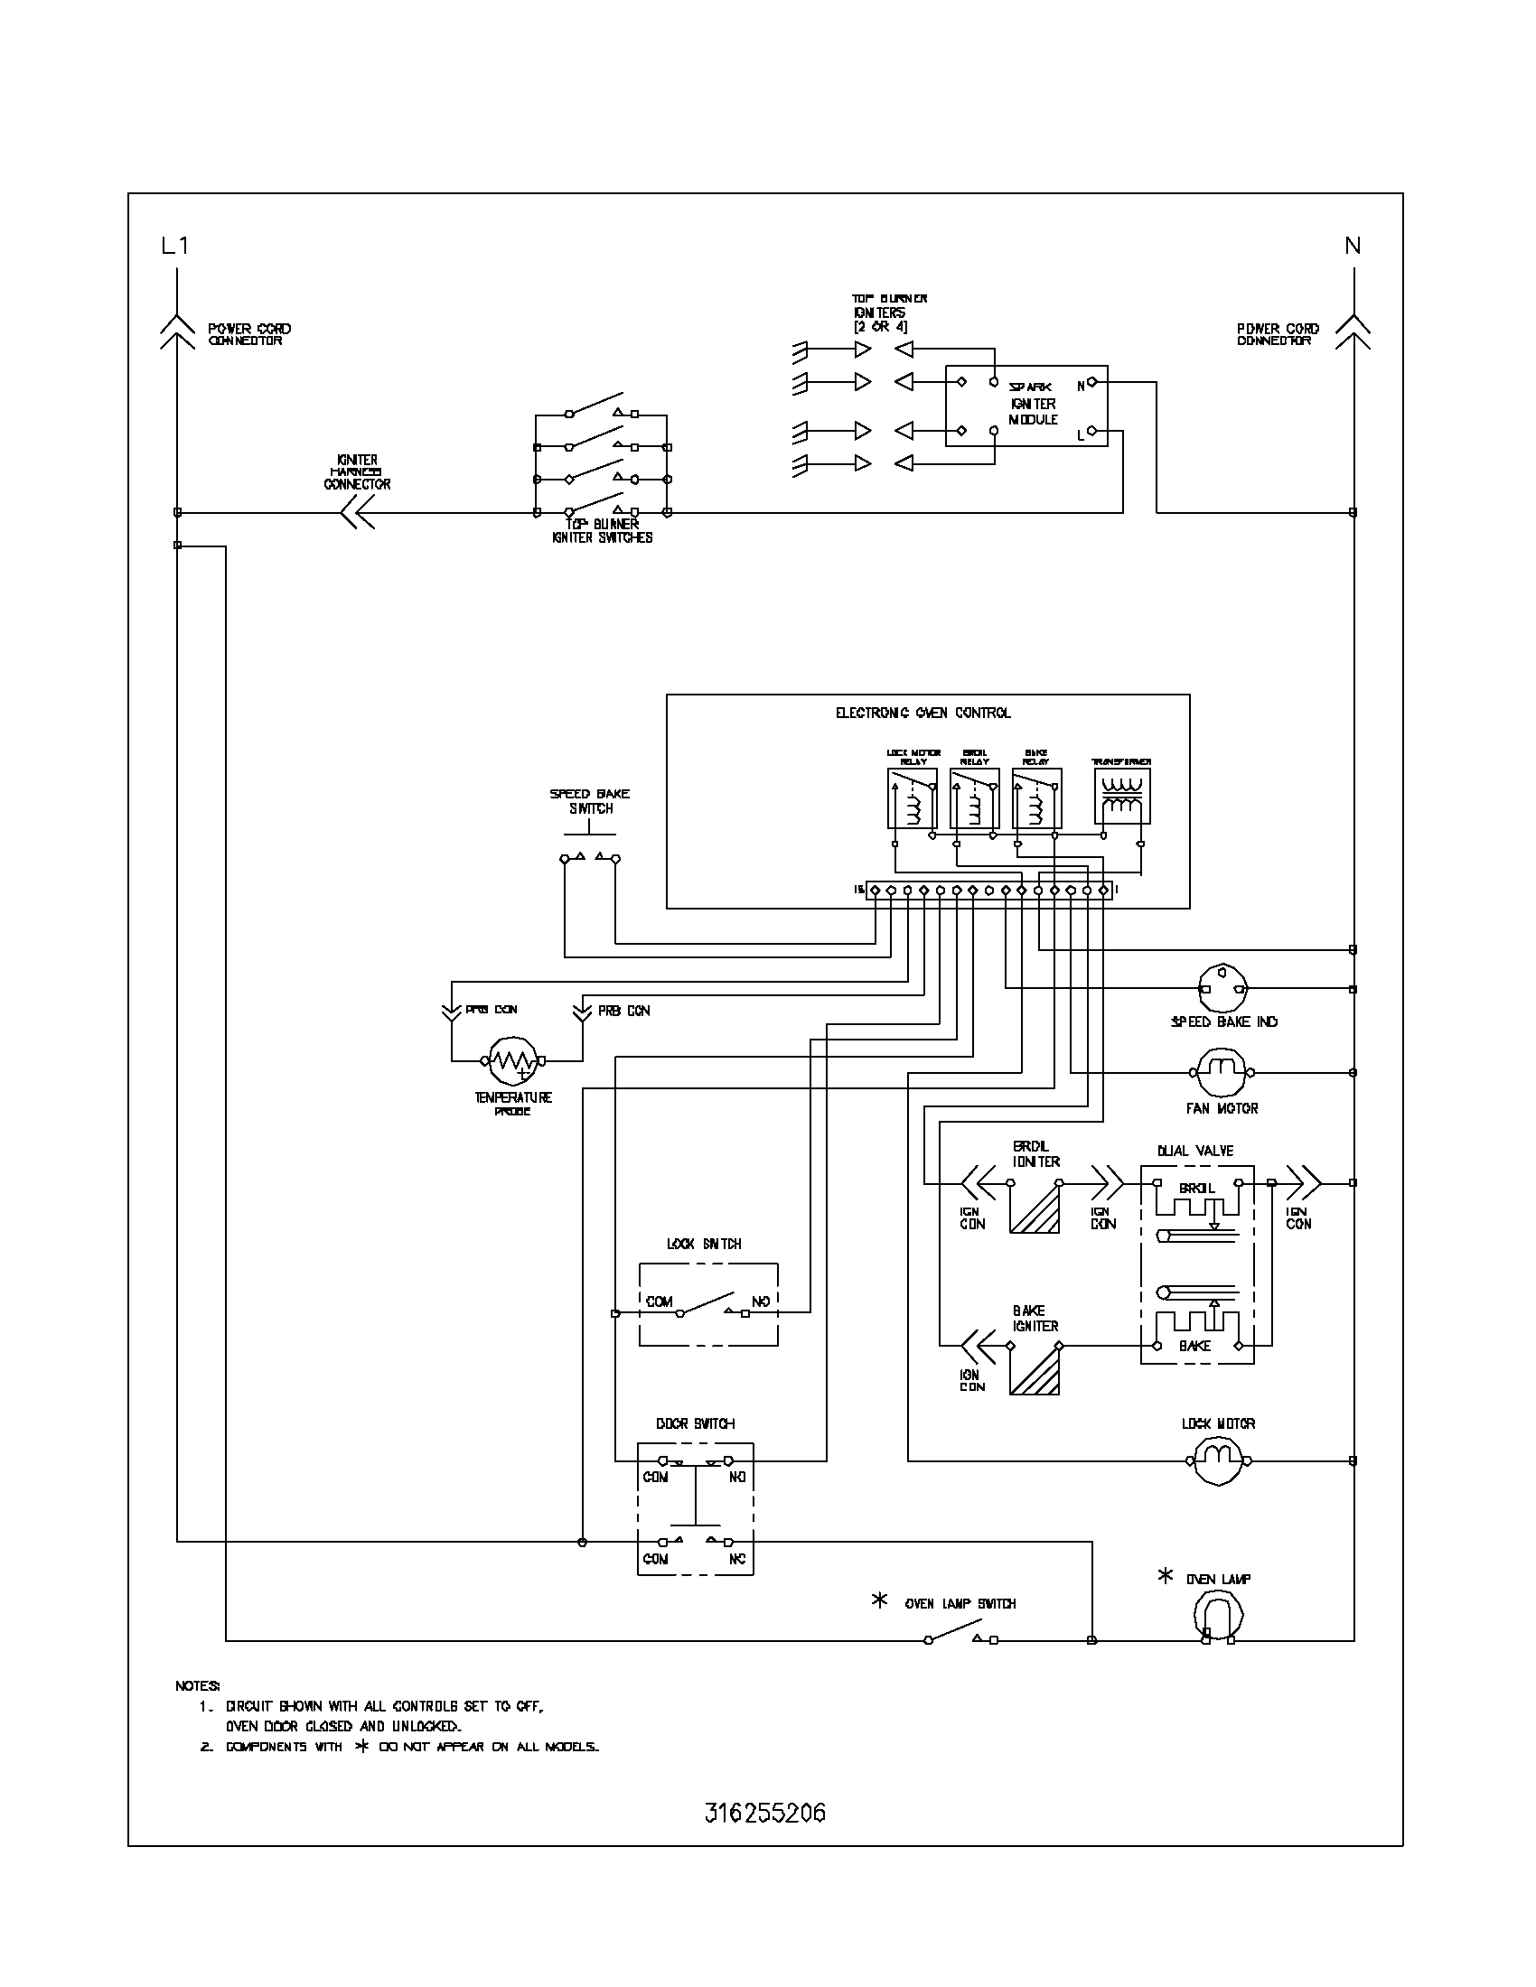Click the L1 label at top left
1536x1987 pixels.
pyautogui.click(x=174, y=245)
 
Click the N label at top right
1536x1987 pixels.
pyautogui.click(x=1353, y=245)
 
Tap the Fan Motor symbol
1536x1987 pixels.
pyautogui.click(x=1222, y=1073)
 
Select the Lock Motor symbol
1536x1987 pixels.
pyautogui.click(x=1220, y=1461)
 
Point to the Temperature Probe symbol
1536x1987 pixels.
pyautogui.click(x=512, y=1059)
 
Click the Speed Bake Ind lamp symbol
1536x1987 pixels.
pyautogui.click(x=1222, y=989)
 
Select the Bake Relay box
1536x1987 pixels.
pyautogui.click(x=1036, y=798)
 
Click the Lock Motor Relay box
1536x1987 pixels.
pyautogui.click(x=912, y=798)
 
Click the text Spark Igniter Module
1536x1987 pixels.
pyautogui.click(x=1033, y=403)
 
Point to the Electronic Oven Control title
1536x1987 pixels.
pyautogui.click(x=923, y=714)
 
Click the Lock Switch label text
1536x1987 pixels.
pyautogui.click(x=703, y=1244)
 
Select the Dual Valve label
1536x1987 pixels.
pyautogui.click(x=1194, y=1151)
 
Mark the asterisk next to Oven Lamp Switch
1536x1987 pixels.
pyautogui.click(x=879, y=1600)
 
